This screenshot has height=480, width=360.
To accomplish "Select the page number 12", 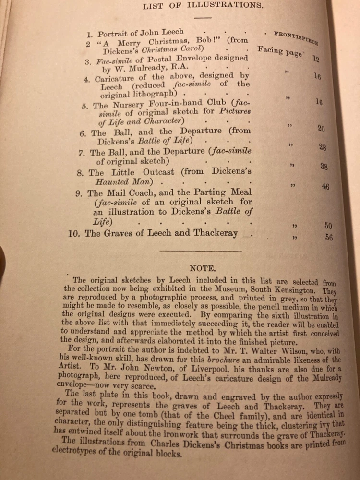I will click(x=315, y=59).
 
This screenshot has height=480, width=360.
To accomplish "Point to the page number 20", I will click(x=321, y=128).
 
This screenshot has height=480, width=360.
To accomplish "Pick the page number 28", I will click(x=323, y=147).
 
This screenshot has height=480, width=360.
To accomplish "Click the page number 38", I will click(x=324, y=167).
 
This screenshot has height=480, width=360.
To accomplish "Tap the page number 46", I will click(x=325, y=187).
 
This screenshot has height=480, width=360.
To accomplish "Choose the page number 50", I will click(x=328, y=225).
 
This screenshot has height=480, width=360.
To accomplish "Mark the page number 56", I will click(x=329, y=237).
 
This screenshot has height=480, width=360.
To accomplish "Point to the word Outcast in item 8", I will click(x=144, y=172).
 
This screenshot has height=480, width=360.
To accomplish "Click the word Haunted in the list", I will click(x=104, y=182).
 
